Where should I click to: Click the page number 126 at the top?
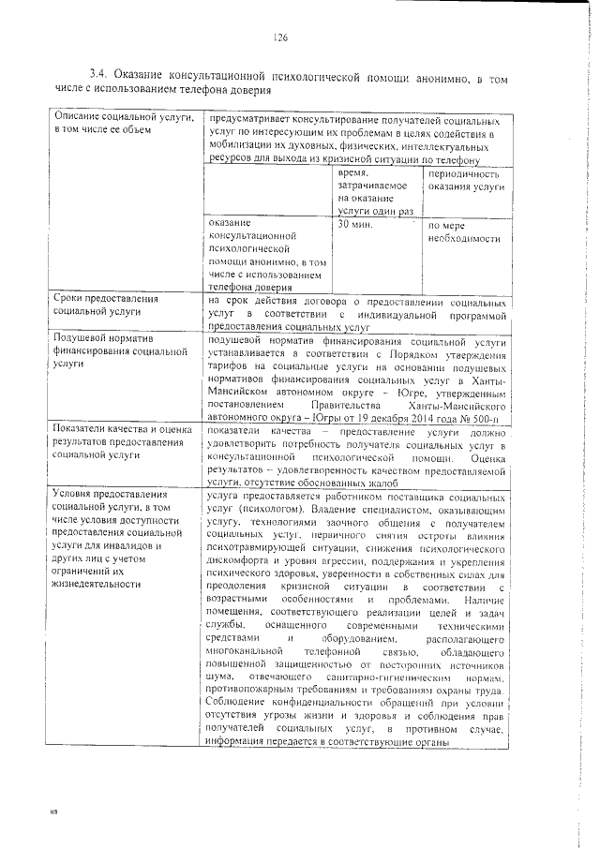pyautogui.click(x=278, y=37)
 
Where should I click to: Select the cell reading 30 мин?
pyautogui.click(x=354, y=226)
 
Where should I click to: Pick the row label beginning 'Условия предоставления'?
pyautogui.click(x=116, y=538)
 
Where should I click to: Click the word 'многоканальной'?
pyautogui.click(x=247, y=650)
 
